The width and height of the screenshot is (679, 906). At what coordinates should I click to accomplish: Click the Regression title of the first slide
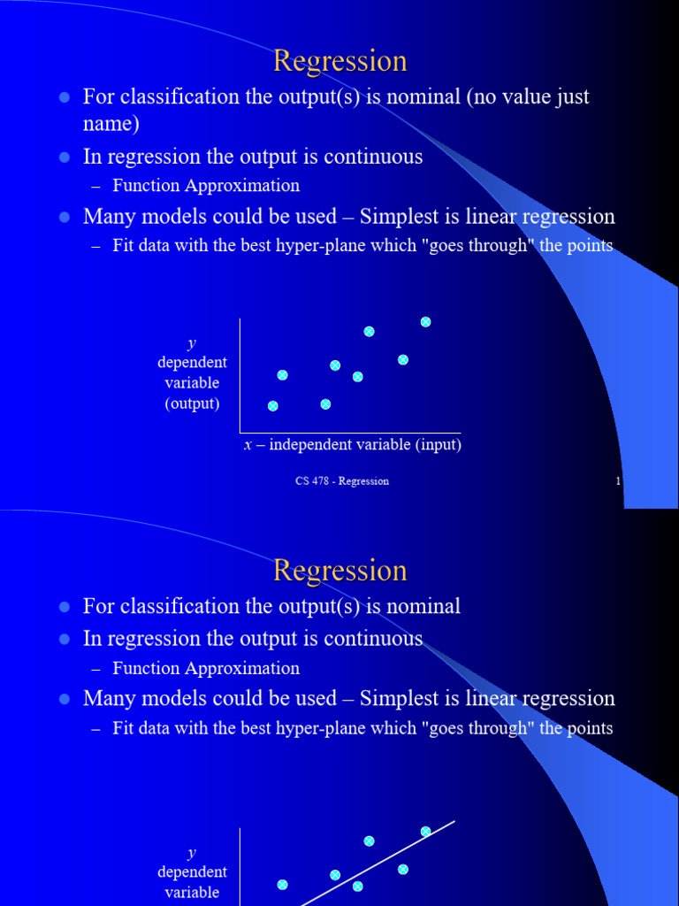pyautogui.click(x=339, y=61)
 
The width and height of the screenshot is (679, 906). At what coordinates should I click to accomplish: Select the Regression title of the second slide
pyautogui.click(x=339, y=571)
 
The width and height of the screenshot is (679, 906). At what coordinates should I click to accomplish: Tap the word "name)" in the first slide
pyautogui.click(x=111, y=124)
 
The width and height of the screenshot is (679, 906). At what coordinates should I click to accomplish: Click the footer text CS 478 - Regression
pyautogui.click(x=342, y=481)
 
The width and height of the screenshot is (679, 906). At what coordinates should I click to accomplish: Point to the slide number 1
pyautogui.click(x=617, y=481)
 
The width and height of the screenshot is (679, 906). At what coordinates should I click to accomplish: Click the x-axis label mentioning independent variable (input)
pyautogui.click(x=353, y=445)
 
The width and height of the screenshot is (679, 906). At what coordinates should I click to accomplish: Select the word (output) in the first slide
pyautogui.click(x=192, y=403)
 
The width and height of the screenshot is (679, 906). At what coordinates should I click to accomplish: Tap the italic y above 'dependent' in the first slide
pyautogui.click(x=191, y=343)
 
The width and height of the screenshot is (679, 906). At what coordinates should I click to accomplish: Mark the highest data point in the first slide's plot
pyautogui.click(x=425, y=322)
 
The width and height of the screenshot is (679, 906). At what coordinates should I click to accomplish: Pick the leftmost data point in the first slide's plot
pyautogui.click(x=272, y=406)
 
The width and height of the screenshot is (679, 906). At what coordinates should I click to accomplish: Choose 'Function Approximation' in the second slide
pyautogui.click(x=206, y=668)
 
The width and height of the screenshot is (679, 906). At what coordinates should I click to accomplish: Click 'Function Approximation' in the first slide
pyautogui.click(x=206, y=186)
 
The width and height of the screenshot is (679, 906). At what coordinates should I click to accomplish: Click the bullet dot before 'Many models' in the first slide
pyautogui.click(x=64, y=217)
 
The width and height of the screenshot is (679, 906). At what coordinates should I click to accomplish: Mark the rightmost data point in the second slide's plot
pyautogui.click(x=425, y=832)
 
